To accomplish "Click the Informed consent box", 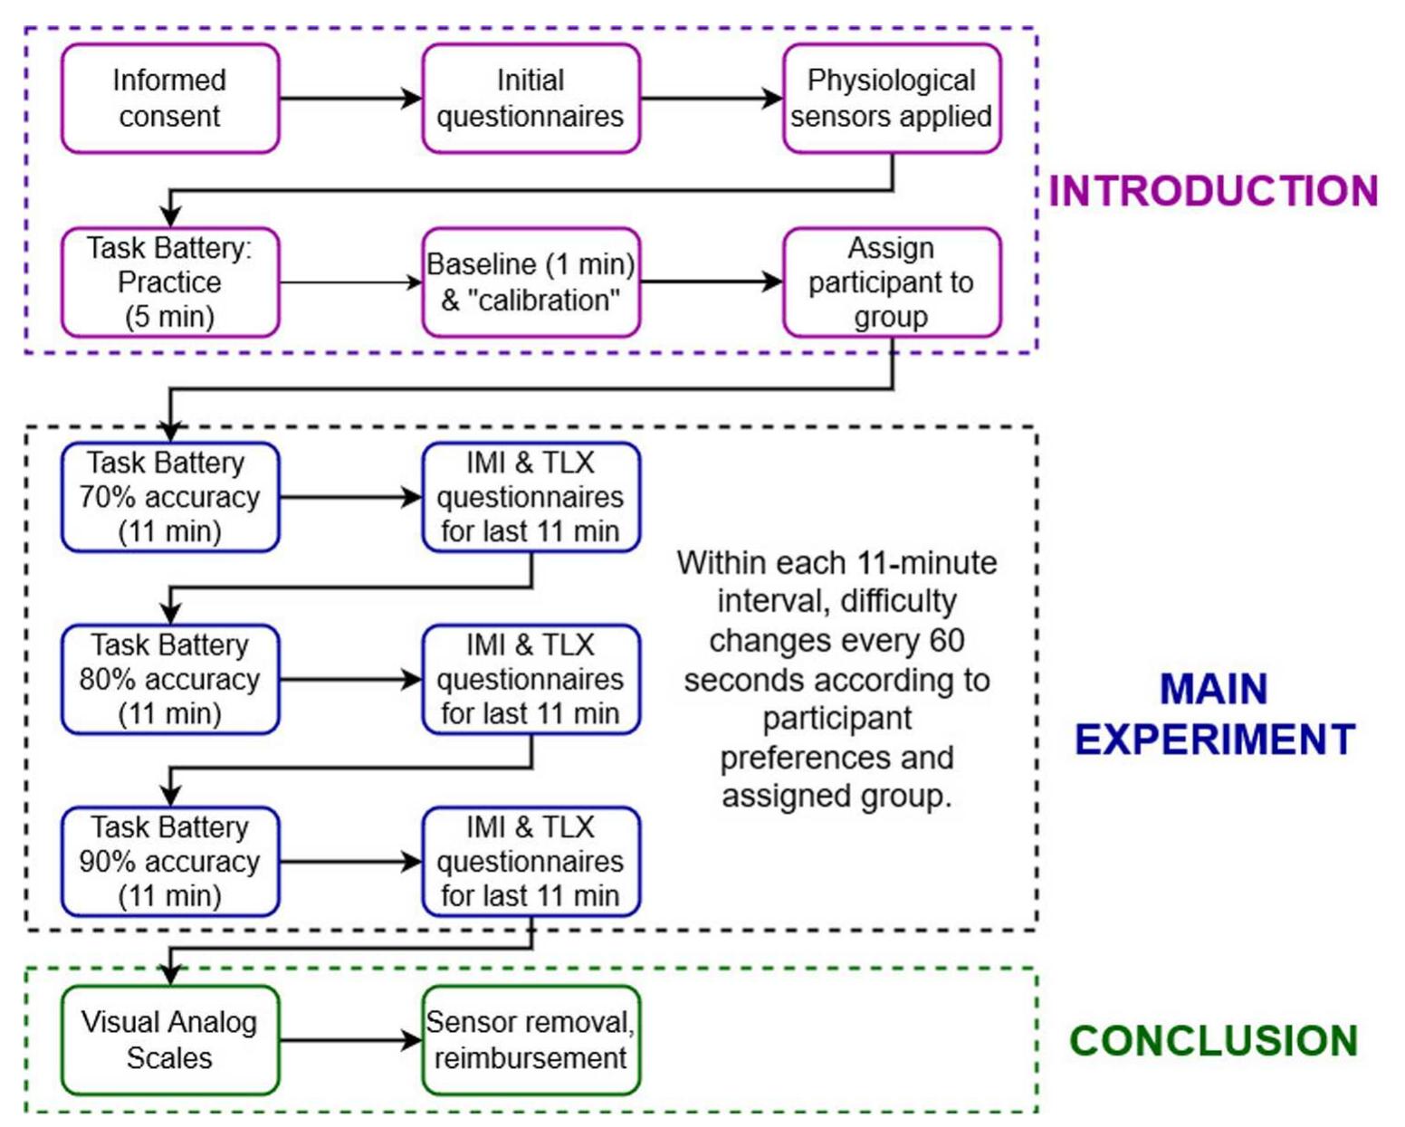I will (x=170, y=99).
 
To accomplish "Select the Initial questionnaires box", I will (x=530, y=99).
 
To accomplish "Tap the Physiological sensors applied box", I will (x=892, y=99).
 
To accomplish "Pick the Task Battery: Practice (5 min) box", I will (x=170, y=282).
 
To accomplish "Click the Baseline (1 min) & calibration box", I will (x=530, y=282).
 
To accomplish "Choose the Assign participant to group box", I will (x=892, y=282).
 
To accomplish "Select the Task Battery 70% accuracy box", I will (x=170, y=497).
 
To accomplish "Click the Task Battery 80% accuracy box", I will (x=170, y=679).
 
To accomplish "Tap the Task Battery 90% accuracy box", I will (x=170, y=861).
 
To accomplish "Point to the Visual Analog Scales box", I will (x=170, y=1040).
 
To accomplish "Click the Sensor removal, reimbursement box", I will (x=530, y=1040).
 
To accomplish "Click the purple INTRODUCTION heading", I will (x=1213, y=192).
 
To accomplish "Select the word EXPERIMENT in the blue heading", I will (x=1215, y=740).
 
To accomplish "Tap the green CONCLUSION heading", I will (x=1214, y=1041).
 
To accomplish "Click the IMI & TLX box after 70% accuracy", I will (x=530, y=497).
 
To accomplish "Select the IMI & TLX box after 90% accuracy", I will (x=530, y=861).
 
